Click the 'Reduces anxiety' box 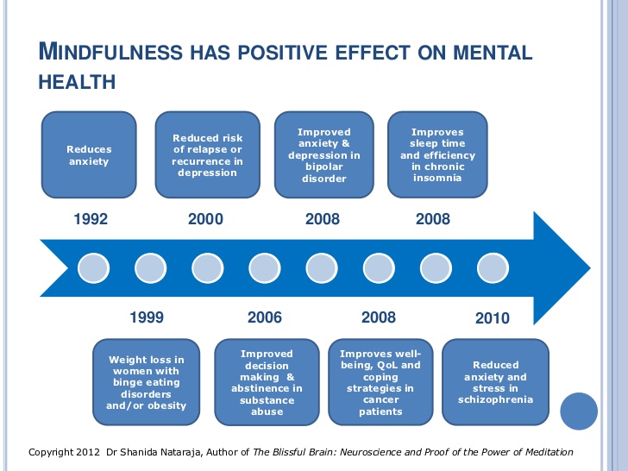point(89,155)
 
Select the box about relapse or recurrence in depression point(208,155)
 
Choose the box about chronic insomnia point(437,155)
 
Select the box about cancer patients point(380,382)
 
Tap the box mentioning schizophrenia point(495,382)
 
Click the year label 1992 point(91,219)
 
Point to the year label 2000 point(205,219)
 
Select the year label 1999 point(147,317)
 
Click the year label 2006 point(264,317)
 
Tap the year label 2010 point(493,317)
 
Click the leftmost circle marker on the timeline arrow point(93,268)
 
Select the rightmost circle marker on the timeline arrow point(492,268)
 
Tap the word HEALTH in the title point(77,82)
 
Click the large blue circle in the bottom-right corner point(579,411)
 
